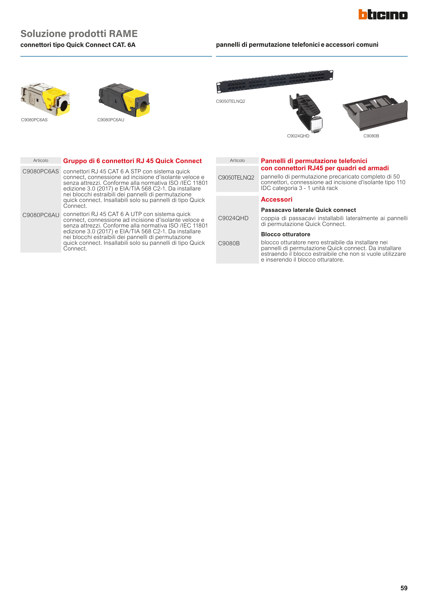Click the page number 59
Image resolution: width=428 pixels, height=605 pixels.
click(404, 588)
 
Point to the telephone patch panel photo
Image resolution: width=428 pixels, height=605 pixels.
click(275, 81)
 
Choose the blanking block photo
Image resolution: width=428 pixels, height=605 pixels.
click(375, 113)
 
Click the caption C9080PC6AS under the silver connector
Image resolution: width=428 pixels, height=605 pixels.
click(34, 120)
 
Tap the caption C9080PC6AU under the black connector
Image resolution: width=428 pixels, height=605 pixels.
click(111, 120)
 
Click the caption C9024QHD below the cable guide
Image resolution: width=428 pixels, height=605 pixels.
click(298, 136)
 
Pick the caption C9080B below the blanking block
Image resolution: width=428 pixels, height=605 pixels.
click(371, 136)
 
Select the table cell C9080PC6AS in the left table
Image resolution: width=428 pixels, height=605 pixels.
click(41, 171)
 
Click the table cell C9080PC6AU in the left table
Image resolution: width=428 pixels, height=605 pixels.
click(41, 215)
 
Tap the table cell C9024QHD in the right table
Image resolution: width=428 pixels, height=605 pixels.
click(233, 218)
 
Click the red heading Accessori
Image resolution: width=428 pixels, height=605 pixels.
click(277, 200)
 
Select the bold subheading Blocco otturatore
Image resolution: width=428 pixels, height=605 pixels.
click(286, 234)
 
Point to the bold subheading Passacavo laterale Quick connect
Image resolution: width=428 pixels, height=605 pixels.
click(309, 210)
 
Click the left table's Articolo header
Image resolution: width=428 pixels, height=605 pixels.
click(41, 160)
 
